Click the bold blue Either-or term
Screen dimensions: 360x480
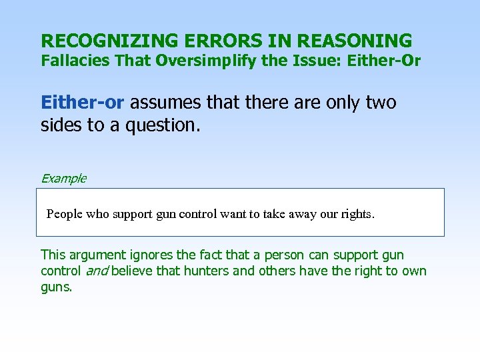tap(82, 103)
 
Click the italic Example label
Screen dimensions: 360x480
tap(63, 178)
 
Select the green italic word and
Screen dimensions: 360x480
tap(97, 271)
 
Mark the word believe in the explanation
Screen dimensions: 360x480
tap(134, 271)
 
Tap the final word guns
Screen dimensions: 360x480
tap(56, 287)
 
